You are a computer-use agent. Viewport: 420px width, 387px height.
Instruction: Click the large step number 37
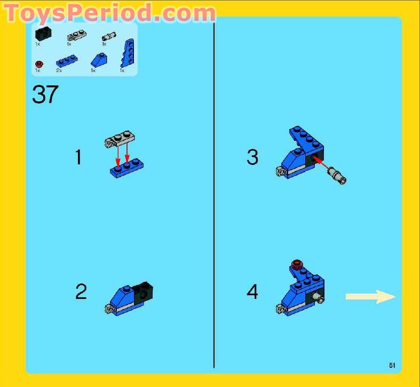click(x=45, y=95)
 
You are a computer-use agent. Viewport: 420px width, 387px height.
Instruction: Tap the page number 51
click(x=392, y=365)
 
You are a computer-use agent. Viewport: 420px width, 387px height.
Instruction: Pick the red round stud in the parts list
click(x=38, y=64)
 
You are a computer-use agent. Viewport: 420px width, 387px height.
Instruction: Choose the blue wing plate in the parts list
click(x=128, y=52)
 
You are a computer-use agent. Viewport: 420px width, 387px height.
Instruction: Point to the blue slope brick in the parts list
click(x=97, y=59)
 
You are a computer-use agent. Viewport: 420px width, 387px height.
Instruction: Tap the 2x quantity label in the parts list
click(x=59, y=70)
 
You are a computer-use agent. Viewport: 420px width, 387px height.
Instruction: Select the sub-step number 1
click(x=78, y=157)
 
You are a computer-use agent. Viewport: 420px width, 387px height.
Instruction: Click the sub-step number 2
click(x=81, y=291)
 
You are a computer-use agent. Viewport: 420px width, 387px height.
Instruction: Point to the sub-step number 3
click(x=252, y=157)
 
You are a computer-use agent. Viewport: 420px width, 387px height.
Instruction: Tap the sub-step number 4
click(x=252, y=291)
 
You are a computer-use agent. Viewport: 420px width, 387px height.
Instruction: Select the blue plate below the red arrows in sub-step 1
click(x=126, y=168)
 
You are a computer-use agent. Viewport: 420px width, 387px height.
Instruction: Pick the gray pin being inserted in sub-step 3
click(x=338, y=175)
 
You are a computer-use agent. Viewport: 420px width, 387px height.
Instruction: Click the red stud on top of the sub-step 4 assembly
click(x=298, y=263)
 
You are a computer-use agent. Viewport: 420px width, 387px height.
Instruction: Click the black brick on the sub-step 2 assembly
click(x=143, y=293)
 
